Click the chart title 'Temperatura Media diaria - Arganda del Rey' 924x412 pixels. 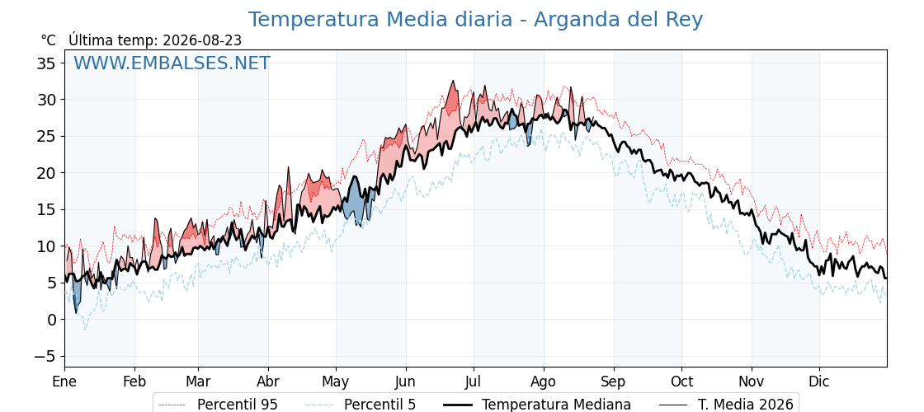point(475,20)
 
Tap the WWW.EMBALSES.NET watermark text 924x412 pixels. point(172,63)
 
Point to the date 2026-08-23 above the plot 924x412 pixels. point(202,40)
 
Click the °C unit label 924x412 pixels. point(49,40)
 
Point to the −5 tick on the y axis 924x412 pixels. point(45,356)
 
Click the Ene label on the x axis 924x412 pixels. point(65,382)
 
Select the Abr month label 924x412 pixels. point(268,382)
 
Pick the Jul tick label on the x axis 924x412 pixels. point(474,382)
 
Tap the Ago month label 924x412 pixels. point(544,382)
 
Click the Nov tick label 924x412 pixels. point(752,382)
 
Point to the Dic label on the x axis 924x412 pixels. point(820,382)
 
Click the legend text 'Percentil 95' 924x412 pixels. point(238,405)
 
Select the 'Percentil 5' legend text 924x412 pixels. point(380,405)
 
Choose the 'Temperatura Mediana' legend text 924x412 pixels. point(556,405)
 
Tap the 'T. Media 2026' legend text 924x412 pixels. point(746,405)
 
